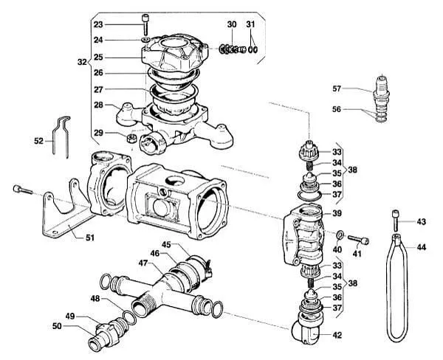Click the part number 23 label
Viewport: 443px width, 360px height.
pos(98,24)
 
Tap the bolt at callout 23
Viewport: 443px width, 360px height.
pos(145,24)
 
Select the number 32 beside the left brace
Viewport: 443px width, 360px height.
pos(82,62)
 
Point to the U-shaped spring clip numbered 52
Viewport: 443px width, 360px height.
pos(61,137)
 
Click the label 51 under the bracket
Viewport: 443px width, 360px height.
pos(90,238)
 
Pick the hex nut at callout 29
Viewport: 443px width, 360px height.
pos(131,138)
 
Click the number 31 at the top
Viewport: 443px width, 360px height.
pos(250,24)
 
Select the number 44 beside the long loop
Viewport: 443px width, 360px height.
pos(422,247)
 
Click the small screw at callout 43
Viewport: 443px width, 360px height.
pos(396,221)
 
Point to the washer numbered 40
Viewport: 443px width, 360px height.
pos(340,235)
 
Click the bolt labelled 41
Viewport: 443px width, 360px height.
pos(358,240)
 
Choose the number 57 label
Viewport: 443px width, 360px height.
pos(337,89)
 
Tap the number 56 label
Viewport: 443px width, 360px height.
pos(337,109)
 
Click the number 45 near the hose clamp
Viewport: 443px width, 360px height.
pos(166,244)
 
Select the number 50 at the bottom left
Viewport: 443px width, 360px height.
pos(57,326)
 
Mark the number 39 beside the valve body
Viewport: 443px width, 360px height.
pos(337,213)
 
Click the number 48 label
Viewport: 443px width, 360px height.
pos(95,298)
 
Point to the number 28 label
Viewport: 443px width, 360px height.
pos(98,105)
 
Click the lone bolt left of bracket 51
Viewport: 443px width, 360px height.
pos(23,190)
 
